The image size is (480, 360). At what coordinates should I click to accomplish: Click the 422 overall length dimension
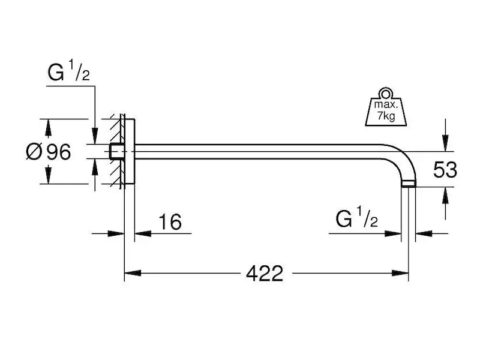click(264, 274)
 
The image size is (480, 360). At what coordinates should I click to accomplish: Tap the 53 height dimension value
click(445, 170)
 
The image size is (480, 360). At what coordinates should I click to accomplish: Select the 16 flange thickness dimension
click(170, 223)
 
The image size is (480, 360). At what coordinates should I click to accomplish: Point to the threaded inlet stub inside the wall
click(115, 152)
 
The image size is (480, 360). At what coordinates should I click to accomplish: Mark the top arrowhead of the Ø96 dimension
click(49, 127)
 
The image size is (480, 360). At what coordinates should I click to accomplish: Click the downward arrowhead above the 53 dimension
click(445, 143)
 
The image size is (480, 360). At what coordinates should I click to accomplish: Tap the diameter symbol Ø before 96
click(34, 152)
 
